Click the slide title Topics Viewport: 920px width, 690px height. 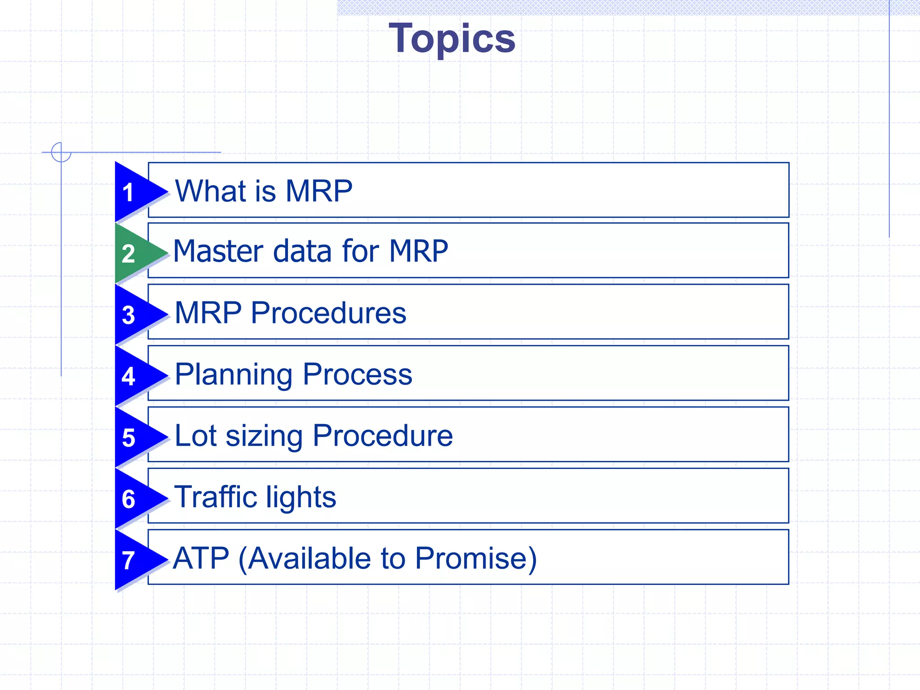coord(452,39)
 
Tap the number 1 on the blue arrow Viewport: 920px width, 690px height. coord(128,192)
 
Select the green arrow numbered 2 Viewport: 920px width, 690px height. coord(135,253)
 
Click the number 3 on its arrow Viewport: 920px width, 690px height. coord(128,315)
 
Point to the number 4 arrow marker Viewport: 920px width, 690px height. coord(135,376)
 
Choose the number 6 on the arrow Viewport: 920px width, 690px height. coord(128,499)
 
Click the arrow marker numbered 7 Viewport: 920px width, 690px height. coord(135,560)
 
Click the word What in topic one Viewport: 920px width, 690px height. coord(211,191)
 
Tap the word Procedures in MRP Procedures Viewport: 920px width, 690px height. coord(328,313)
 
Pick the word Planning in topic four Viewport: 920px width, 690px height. coord(234,375)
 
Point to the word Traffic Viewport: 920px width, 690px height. coord(215,497)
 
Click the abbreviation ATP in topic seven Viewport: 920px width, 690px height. coord(201,558)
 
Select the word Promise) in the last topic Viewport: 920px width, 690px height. coord(476,558)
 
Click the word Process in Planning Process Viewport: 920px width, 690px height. coord(357,374)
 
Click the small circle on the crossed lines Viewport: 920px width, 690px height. coord(61,152)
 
